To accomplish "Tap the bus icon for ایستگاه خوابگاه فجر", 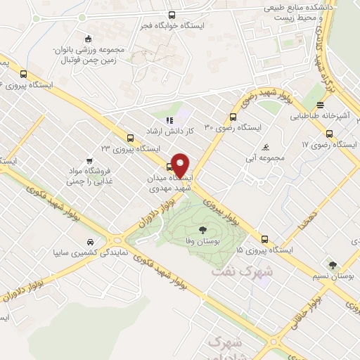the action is coord(172,15).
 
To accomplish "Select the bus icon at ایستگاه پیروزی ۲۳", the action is coord(129,138).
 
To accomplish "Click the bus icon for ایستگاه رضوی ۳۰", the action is coord(233,117).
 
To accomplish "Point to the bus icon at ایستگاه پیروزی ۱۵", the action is coord(264,239).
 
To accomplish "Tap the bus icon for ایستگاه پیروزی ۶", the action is coord(25,74).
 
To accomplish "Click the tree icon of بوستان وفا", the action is coord(202,229).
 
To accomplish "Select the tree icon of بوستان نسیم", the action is coord(332,265).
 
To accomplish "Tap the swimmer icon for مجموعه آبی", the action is coord(264,147).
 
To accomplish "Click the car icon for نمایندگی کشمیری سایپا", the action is coord(88,241).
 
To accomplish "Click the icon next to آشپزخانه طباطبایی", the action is coord(327,134).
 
